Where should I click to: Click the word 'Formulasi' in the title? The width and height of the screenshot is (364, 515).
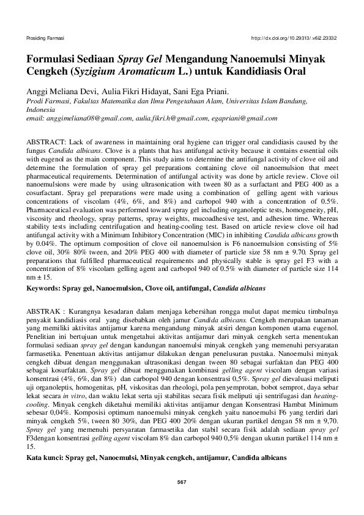coord(51,59)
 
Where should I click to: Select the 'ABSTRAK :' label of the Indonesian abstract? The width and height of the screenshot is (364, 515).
coord(46,311)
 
